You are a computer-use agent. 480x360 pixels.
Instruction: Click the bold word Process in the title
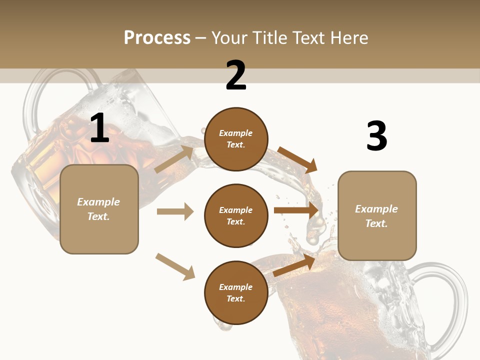point(157,37)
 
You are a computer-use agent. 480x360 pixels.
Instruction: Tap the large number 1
point(99,128)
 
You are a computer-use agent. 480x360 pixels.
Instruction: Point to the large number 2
point(236,75)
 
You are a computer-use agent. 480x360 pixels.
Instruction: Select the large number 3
point(376,136)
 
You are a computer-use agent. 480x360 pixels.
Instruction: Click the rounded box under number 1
point(99,209)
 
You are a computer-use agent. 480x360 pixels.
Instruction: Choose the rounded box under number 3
point(377,215)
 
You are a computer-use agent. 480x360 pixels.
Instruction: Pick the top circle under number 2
point(236,139)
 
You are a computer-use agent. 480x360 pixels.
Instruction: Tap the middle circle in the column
point(236,215)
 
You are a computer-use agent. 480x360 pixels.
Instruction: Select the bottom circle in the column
point(236,292)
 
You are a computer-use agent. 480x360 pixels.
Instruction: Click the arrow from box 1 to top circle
point(174,159)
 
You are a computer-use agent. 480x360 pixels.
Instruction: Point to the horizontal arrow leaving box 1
point(175,211)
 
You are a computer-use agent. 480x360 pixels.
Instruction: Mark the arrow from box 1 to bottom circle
point(175,266)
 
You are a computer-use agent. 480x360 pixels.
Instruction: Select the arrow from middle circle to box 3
point(296,210)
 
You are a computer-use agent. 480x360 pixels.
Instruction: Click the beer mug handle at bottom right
point(450,300)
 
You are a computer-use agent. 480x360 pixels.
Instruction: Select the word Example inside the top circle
point(236,133)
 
